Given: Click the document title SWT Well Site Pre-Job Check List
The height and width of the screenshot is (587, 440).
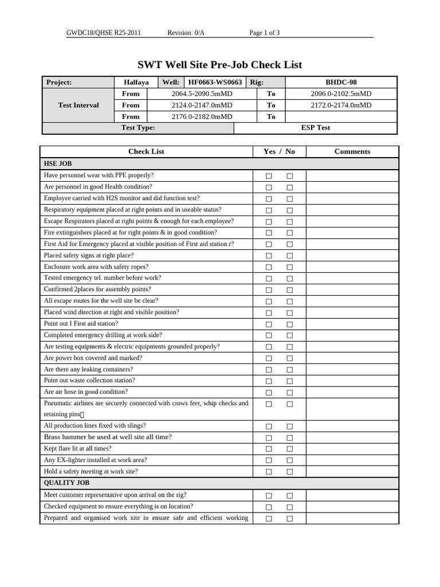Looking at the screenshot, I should pos(219,65).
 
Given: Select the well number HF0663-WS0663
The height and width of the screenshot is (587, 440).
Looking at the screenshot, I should pos(215,83).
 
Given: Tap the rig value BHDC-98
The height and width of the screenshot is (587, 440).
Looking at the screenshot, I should pos(341,83).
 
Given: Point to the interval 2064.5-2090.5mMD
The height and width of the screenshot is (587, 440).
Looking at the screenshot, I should pos(202,94).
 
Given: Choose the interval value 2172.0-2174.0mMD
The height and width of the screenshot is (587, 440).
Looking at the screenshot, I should pos(341,105).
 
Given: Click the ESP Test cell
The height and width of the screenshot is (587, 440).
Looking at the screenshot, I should pos(316,128).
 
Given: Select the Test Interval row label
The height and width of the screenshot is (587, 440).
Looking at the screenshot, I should pos(78,105).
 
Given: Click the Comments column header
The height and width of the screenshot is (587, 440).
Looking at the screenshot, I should pos(352,152).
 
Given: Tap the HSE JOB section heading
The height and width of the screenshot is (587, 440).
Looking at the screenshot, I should pos(58,164).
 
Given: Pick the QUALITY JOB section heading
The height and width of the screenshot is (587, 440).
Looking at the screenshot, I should pos(66,483).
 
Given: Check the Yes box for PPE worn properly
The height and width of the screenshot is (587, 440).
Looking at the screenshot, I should pos(269,176).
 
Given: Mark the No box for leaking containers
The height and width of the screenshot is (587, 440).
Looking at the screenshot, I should pos(289,370).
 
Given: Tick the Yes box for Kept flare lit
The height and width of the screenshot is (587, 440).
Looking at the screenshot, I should pos(269,449).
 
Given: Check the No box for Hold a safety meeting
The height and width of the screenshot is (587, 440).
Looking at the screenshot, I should pos(289,472).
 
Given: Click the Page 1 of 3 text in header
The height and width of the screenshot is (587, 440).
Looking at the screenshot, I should pos(264,33).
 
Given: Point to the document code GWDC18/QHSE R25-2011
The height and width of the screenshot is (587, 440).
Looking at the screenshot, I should pos(103,33).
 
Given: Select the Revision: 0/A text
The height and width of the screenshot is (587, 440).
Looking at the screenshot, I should pos(186,33).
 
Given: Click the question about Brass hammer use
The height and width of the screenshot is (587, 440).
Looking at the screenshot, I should pos(108,437).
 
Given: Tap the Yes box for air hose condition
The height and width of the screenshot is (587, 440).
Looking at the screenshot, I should pos(269,393).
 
